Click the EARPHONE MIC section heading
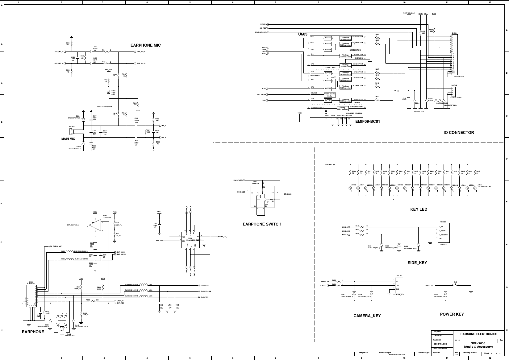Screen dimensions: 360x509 146,45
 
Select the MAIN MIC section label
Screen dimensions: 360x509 68,139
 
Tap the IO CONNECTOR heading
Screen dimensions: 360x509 458,133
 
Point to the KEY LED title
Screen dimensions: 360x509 419,209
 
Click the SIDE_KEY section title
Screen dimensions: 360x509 417,263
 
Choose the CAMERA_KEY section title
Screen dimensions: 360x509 367,316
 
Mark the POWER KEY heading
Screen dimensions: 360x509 452,314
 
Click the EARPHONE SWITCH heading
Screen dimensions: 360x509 262,224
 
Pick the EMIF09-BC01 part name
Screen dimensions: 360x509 367,122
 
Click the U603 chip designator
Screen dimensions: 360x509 302,34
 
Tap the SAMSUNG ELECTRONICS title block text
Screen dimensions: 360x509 479,334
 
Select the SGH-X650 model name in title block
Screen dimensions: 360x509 478,343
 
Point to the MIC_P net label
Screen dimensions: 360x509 164,126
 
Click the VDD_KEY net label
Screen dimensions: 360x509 329,165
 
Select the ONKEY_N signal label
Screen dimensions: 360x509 429,285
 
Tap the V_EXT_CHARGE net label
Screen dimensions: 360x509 409,13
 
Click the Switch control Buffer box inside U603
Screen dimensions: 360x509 330,95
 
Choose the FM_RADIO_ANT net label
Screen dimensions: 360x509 56,246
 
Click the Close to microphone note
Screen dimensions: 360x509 104,106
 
